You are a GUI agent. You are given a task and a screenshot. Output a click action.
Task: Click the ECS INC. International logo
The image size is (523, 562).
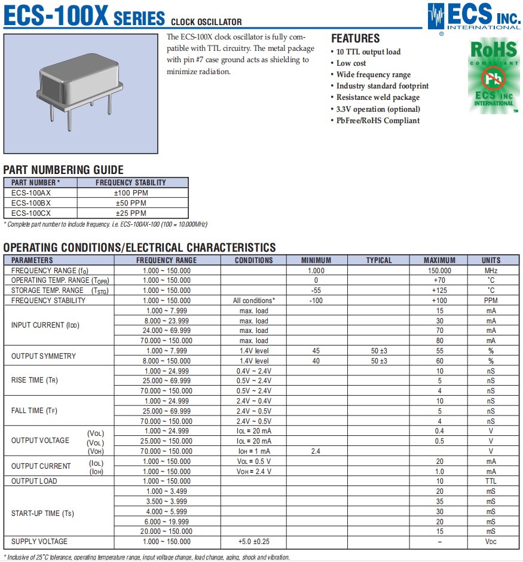pyautogui.click(x=475, y=16)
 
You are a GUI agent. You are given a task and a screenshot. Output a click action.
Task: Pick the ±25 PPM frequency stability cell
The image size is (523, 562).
pyautogui.click(x=130, y=213)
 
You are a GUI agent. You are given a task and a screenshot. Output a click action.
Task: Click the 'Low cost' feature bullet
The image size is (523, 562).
pyautogui.click(x=351, y=63)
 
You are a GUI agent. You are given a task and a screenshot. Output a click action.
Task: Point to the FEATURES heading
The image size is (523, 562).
pyautogui.click(x=355, y=38)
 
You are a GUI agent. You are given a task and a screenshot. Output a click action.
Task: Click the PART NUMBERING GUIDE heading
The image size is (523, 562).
pyautogui.click(x=63, y=170)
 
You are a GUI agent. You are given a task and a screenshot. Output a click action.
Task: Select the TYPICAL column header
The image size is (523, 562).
pyautogui.click(x=379, y=260)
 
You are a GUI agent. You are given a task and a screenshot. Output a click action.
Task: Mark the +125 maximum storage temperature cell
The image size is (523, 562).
pyautogui.click(x=439, y=291)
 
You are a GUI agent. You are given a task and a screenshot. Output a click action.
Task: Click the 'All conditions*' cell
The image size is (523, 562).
pyautogui.click(x=254, y=301)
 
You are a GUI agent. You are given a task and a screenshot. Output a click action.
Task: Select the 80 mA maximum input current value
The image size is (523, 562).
pyautogui.click(x=439, y=341)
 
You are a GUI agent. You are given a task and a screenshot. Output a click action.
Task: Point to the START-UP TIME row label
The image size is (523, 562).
pyautogui.click(x=42, y=514)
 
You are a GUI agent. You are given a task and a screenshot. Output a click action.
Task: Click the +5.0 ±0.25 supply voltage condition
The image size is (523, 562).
pyautogui.click(x=254, y=542)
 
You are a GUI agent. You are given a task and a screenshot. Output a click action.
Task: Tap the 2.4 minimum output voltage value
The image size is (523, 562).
pyautogui.click(x=316, y=451)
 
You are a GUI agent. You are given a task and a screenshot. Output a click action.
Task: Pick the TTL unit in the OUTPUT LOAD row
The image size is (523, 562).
pyautogui.click(x=491, y=481)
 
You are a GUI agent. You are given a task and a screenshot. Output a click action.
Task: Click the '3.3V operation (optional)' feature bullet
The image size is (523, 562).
pyautogui.click(x=378, y=109)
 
